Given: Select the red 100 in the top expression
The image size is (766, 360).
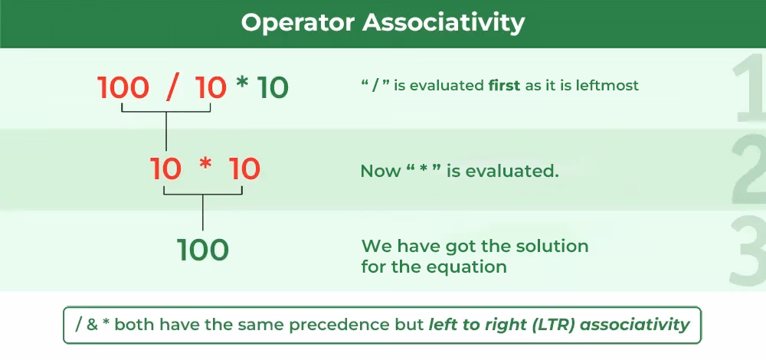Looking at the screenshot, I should click(123, 88).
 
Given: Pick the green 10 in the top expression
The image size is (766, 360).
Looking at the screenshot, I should click(273, 88).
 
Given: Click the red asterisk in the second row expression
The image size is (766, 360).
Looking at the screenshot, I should click(205, 168).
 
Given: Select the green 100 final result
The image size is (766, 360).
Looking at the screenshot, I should click(203, 250).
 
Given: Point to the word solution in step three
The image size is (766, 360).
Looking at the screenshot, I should click(552, 247).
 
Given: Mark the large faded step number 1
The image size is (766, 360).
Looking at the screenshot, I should click(747, 92).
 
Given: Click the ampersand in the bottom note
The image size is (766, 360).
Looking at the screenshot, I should click(93, 324).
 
